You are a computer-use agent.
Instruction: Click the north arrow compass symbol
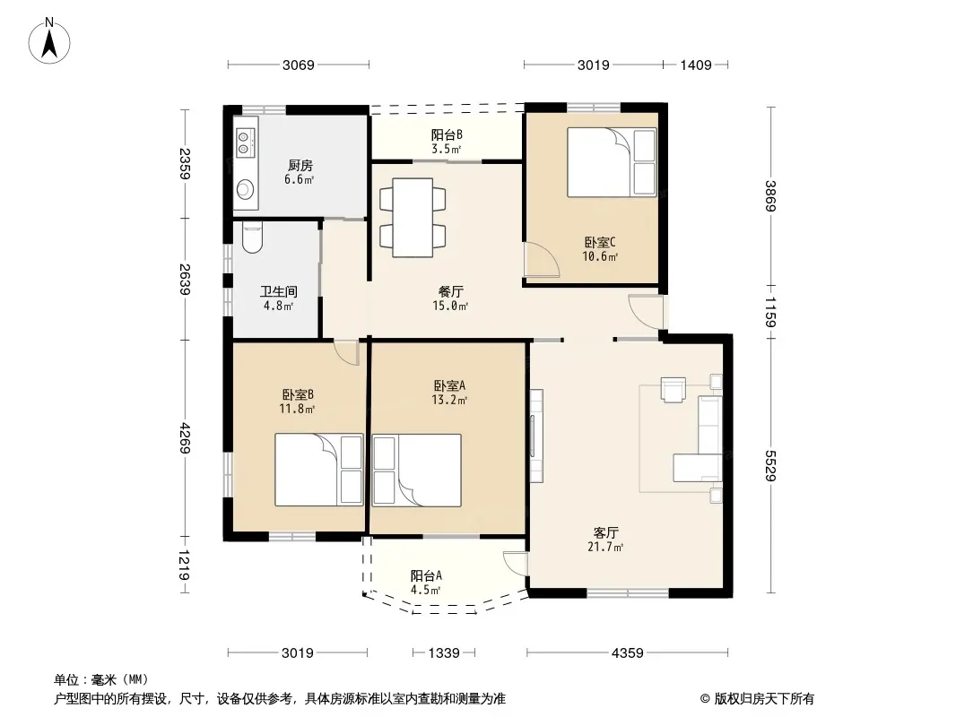[49, 40]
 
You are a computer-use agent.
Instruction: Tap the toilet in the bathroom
[252, 238]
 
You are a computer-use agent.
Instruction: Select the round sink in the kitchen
[245, 188]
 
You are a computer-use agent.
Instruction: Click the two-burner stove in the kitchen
[244, 143]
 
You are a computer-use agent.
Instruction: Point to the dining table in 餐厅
[413, 218]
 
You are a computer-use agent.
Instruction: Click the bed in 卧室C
[612, 162]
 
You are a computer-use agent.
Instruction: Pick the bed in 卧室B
[319, 470]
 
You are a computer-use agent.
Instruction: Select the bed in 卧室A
[416, 471]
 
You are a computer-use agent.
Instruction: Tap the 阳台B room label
[447, 134]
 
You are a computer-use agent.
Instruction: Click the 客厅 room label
[605, 532]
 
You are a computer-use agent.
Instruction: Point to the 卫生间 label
[279, 292]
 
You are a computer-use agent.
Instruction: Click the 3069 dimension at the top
[298, 65]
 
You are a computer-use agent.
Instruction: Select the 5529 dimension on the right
[770, 465]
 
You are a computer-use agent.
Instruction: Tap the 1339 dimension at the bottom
[444, 653]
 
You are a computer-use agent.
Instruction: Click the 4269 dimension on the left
[185, 438]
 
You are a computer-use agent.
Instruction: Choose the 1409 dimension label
[696, 65]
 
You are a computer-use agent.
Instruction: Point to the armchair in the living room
[674, 390]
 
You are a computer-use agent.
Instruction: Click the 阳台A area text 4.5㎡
[426, 590]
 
